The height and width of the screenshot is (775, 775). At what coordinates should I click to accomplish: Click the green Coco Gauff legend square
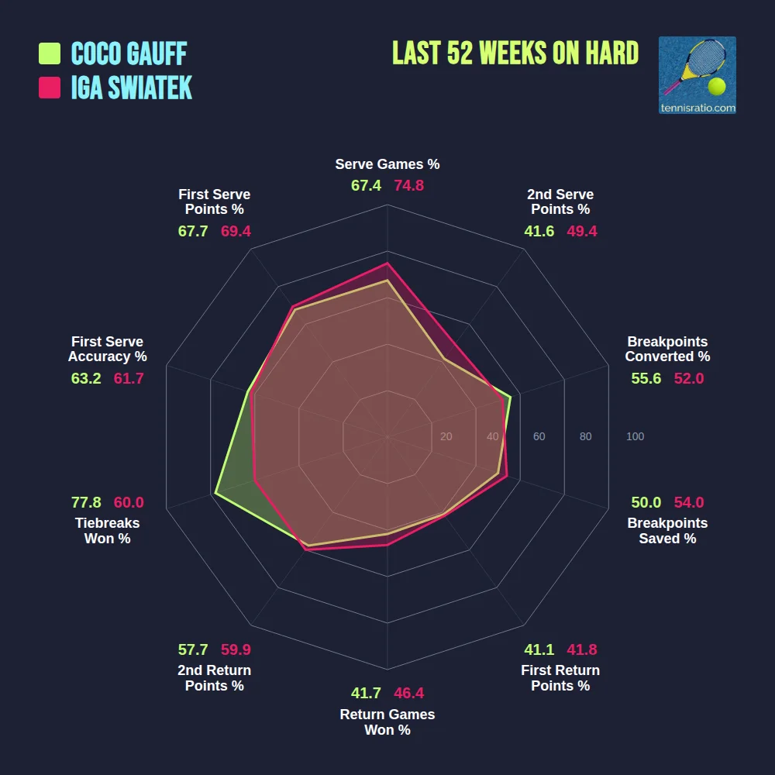[50, 53]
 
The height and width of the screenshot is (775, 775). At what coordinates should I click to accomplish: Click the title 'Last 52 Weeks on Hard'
[515, 53]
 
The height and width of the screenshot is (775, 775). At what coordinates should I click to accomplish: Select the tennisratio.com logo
[697, 75]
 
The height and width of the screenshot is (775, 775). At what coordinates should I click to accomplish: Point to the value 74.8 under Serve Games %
[408, 186]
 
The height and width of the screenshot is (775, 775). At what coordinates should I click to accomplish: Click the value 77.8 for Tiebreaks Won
[86, 502]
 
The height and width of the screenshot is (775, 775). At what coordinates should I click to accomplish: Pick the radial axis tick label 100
[635, 437]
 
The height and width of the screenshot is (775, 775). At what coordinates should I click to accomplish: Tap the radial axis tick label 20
[446, 437]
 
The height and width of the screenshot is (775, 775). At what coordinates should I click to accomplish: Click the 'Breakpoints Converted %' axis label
[667, 350]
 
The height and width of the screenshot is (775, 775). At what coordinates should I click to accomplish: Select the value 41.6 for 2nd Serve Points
[539, 231]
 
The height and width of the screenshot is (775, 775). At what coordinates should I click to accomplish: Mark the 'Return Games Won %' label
[387, 722]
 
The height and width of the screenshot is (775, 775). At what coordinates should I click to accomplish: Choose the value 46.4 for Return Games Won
[408, 694]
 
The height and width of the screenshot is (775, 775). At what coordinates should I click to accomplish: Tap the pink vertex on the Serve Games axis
[387, 263]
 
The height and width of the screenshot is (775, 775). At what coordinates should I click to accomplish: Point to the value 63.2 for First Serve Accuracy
[86, 379]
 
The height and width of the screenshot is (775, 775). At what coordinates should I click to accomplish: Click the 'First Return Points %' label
[560, 678]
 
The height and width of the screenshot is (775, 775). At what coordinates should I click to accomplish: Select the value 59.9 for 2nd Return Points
[236, 650]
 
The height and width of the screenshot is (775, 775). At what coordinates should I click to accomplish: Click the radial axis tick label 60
[539, 437]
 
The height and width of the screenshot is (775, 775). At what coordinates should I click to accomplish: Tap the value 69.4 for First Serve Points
[236, 231]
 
